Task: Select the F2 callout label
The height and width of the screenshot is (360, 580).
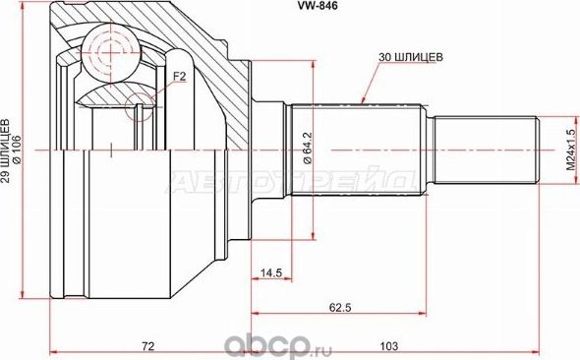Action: [x=179, y=74]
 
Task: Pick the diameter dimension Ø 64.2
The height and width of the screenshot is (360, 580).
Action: [x=307, y=150]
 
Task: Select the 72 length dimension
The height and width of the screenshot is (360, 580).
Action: [x=147, y=345]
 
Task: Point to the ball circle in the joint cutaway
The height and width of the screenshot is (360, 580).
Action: [x=109, y=48]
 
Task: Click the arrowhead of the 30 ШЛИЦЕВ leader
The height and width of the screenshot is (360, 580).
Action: [x=364, y=101]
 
